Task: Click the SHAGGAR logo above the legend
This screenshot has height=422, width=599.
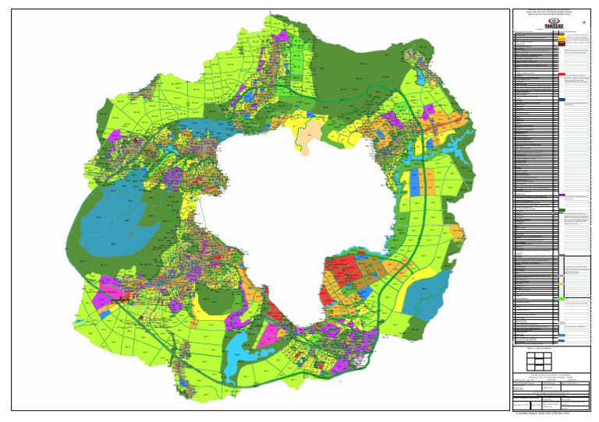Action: pos(552,23)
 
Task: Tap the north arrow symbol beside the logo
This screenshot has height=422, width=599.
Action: pos(584,22)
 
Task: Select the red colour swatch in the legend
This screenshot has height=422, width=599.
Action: pos(562,75)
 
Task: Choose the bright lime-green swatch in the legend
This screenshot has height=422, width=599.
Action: pos(562,299)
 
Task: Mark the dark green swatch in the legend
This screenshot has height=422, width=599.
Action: pos(562,210)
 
